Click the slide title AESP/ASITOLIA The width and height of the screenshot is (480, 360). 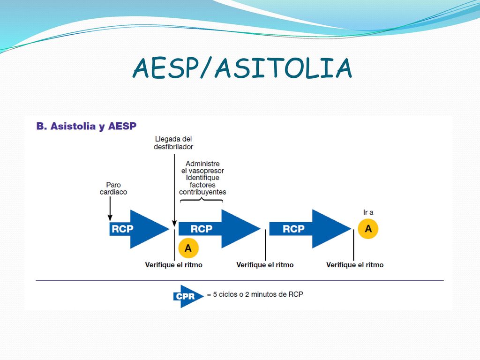[242, 67]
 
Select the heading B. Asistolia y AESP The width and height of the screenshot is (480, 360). [86, 126]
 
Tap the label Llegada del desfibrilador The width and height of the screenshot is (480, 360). [173, 142]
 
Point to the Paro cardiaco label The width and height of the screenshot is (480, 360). [113, 188]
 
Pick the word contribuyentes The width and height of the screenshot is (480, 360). [202, 192]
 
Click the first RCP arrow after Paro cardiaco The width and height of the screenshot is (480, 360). [139, 229]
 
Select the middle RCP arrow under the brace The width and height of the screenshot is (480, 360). [219, 229]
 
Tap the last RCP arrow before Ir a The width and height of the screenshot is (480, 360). [310, 229]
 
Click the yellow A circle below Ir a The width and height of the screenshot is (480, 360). [368, 229]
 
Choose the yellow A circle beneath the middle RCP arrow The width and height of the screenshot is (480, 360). [188, 248]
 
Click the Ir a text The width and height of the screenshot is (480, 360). [368, 212]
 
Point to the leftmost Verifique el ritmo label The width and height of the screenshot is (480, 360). [173, 265]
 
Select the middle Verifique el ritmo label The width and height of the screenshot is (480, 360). [265, 265]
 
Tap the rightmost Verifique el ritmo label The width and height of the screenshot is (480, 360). [355, 265]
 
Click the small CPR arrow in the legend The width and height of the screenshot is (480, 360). [188, 296]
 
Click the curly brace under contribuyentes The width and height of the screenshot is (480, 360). [202, 200]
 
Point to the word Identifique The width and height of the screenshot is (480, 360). [202, 178]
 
